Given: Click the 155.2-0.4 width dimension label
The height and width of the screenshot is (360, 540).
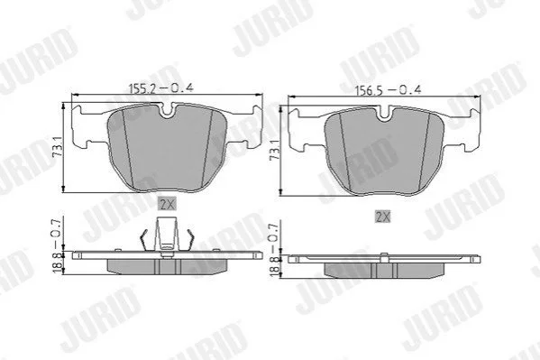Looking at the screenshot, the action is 160,88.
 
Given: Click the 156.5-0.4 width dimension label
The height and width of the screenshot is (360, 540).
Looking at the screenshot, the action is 389,90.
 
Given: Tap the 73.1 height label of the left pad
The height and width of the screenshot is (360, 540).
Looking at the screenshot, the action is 58,147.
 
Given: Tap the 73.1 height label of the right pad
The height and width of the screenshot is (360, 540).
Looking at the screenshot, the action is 274,150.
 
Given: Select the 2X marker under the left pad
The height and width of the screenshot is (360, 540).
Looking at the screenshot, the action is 167,204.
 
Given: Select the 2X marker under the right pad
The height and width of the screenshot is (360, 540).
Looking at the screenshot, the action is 382,217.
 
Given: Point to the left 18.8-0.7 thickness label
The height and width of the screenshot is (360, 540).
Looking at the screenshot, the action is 58,245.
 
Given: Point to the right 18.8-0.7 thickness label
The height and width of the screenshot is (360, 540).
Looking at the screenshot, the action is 274,249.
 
